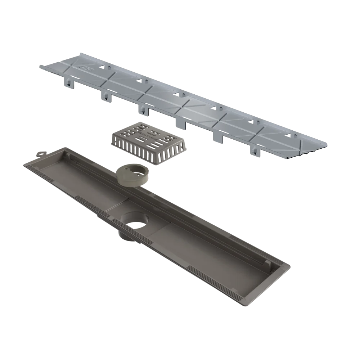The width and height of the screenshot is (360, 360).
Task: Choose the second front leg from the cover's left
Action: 107,96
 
